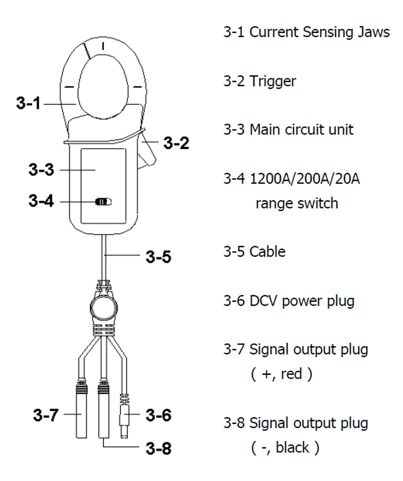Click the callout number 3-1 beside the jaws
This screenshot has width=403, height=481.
click(28, 103)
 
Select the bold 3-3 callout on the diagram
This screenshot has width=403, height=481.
click(41, 170)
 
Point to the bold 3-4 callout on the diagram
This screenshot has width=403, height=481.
click(41, 201)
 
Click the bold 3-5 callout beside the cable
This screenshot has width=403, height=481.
click(158, 256)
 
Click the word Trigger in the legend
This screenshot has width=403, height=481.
click(273, 81)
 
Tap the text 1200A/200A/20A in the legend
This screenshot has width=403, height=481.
click(304, 179)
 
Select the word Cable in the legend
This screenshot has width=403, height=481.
click(267, 252)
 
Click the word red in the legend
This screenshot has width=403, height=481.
click(291, 374)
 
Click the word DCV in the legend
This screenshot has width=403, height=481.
click(264, 301)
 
